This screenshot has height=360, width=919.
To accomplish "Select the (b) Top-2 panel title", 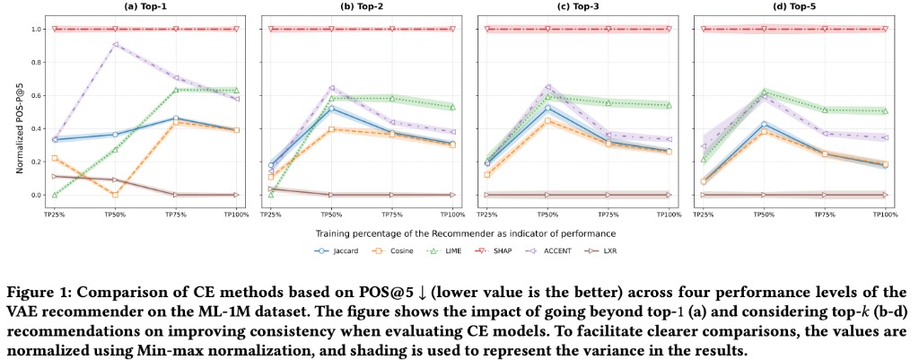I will click(x=362, y=7).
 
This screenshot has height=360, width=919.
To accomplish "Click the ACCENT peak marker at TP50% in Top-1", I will click(x=115, y=44).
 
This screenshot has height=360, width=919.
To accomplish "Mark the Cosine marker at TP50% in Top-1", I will click(x=115, y=195).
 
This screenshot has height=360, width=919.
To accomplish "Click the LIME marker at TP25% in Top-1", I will click(x=54, y=195).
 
